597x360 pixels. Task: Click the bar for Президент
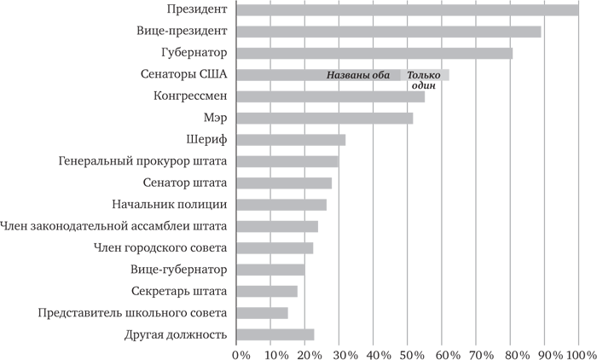[407, 10]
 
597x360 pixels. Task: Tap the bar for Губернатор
[374, 54]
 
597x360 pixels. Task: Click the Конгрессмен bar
[330, 96]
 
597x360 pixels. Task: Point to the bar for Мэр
[324, 118]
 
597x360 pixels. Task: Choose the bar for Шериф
[291, 140]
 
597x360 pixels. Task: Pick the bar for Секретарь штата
[267, 291]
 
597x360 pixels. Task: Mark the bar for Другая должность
[275, 334]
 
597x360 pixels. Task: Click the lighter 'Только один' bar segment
[425, 75]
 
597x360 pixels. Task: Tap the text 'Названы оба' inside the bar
[357, 75]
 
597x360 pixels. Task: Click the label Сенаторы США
[188, 74]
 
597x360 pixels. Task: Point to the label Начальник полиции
[170, 204]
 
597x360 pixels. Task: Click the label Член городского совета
[159, 247]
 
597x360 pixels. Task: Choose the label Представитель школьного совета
[132, 312]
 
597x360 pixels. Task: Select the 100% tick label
[578, 351]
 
